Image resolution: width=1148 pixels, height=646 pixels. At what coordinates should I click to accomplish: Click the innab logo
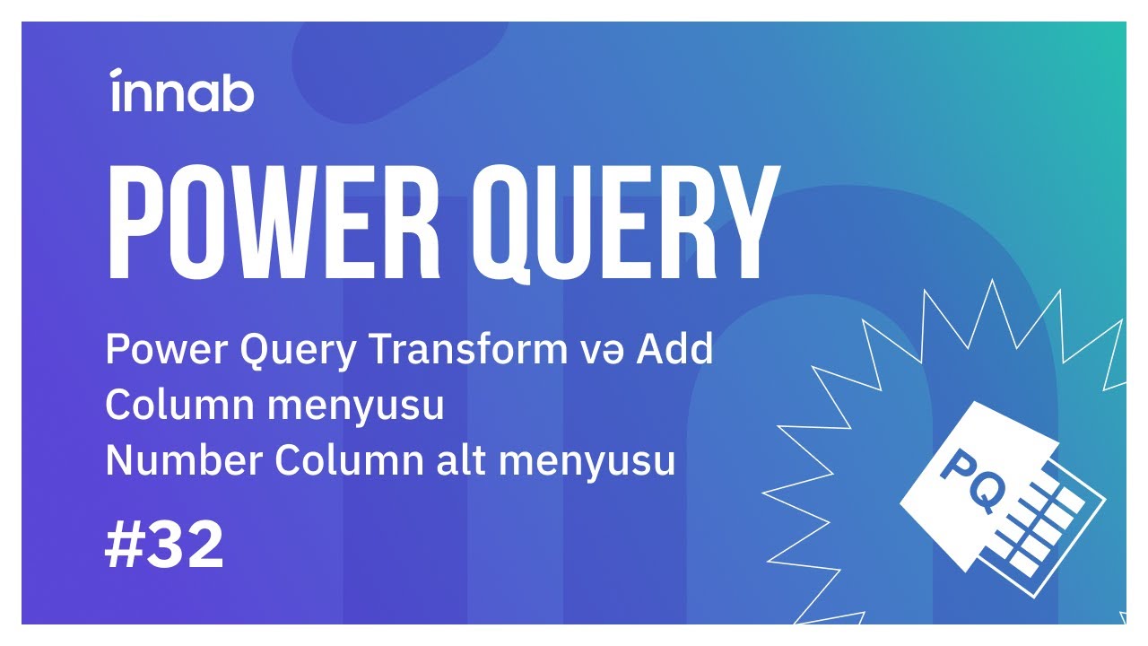click(182, 91)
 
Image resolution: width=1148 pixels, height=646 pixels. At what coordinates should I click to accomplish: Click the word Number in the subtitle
click(185, 461)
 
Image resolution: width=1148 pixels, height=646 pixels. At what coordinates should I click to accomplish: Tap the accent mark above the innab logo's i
click(117, 72)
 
